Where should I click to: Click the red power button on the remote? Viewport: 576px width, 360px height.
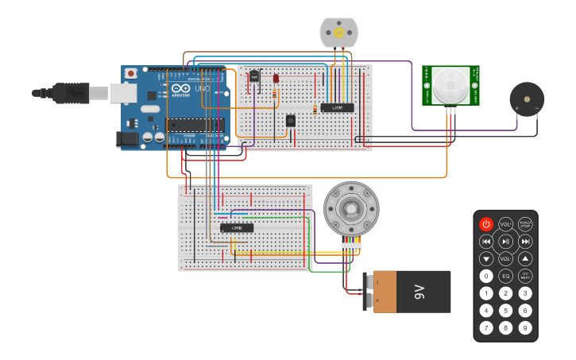(486, 224)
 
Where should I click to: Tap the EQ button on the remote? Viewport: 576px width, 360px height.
(505, 277)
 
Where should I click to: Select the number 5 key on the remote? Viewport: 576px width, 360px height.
(505, 310)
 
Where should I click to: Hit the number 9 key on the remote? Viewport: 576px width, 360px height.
(525, 327)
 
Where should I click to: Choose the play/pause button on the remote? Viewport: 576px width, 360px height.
(505, 242)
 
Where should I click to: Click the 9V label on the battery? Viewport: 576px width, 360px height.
(420, 292)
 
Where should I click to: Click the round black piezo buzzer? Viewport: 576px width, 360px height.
(526, 99)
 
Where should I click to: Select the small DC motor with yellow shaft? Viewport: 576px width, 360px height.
(339, 33)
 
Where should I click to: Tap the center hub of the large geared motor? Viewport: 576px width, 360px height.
(350, 209)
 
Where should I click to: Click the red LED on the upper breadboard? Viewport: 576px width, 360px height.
(276, 79)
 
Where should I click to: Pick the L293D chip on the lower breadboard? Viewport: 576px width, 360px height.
(237, 228)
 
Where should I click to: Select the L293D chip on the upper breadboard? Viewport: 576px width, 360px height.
(338, 107)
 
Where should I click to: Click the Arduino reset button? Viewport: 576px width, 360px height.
(130, 73)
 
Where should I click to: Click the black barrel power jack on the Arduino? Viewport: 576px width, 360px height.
(127, 140)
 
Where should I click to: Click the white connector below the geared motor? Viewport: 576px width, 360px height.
(350, 246)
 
